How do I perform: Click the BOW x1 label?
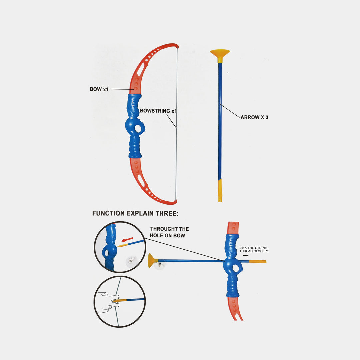99,89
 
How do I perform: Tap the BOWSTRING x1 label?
158,111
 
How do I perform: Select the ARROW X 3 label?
254,117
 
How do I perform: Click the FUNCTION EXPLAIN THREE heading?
135,213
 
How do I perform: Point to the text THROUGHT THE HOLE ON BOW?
169,232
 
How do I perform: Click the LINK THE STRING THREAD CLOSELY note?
254,250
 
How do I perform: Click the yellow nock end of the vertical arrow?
220,191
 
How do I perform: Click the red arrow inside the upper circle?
127,240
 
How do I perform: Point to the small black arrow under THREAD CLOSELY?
246,255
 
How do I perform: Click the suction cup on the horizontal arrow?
153,261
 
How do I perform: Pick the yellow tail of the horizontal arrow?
257,261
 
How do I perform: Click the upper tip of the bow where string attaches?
177,47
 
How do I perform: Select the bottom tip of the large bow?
176,202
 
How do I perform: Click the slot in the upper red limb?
141,69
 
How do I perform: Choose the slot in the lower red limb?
141,181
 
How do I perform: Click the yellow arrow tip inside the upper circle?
122,245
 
